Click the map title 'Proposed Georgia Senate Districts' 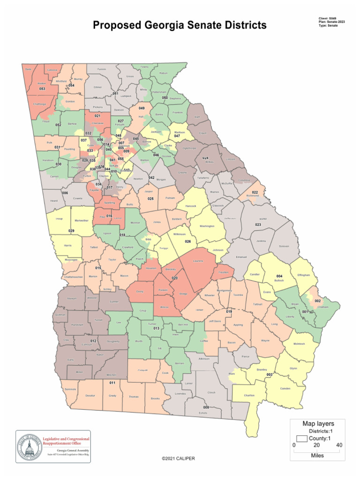[180, 25]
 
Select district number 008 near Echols [206, 407]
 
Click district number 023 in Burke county [258, 225]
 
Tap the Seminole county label [70, 390]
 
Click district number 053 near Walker [42, 89]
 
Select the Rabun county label [164, 73]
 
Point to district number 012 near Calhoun [93, 341]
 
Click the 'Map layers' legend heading [318, 423]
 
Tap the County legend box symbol [301, 438]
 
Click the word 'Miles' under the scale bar [317, 455]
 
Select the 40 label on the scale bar [339, 445]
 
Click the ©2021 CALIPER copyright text [178, 458]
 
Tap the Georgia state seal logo [29, 446]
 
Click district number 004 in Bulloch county [279, 276]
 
